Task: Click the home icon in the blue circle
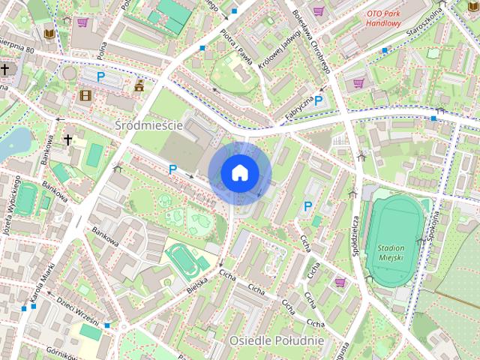click(239, 172)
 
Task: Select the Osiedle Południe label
click(276, 340)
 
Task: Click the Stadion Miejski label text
click(391, 252)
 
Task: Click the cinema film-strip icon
click(85, 94)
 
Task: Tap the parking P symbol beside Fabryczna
click(318, 100)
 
